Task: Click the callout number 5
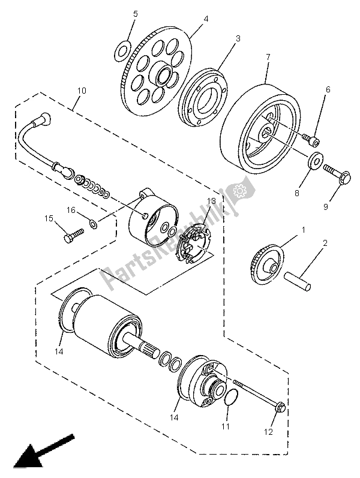tap(136, 13)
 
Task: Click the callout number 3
tap(238, 38)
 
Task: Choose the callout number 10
tap(82, 91)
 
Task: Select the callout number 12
tap(268, 431)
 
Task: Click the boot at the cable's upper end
tap(44, 120)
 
